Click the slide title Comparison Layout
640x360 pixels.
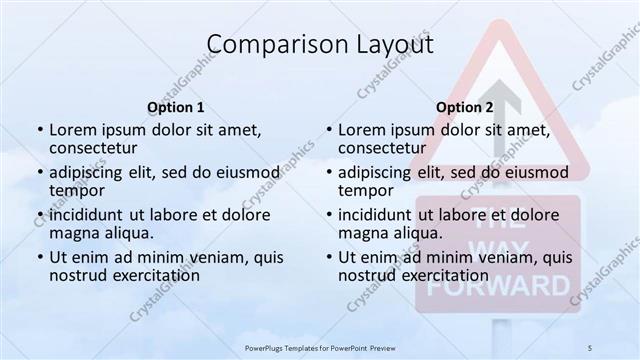click(x=320, y=45)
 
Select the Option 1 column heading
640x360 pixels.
click(x=176, y=108)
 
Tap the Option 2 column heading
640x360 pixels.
click(x=465, y=108)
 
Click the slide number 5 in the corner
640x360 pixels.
click(x=590, y=346)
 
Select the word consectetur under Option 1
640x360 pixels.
click(x=93, y=148)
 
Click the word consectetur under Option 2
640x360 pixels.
click(x=382, y=148)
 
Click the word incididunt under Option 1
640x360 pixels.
click(x=89, y=215)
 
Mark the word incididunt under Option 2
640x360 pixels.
click(x=378, y=215)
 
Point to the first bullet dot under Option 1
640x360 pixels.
click(x=40, y=131)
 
